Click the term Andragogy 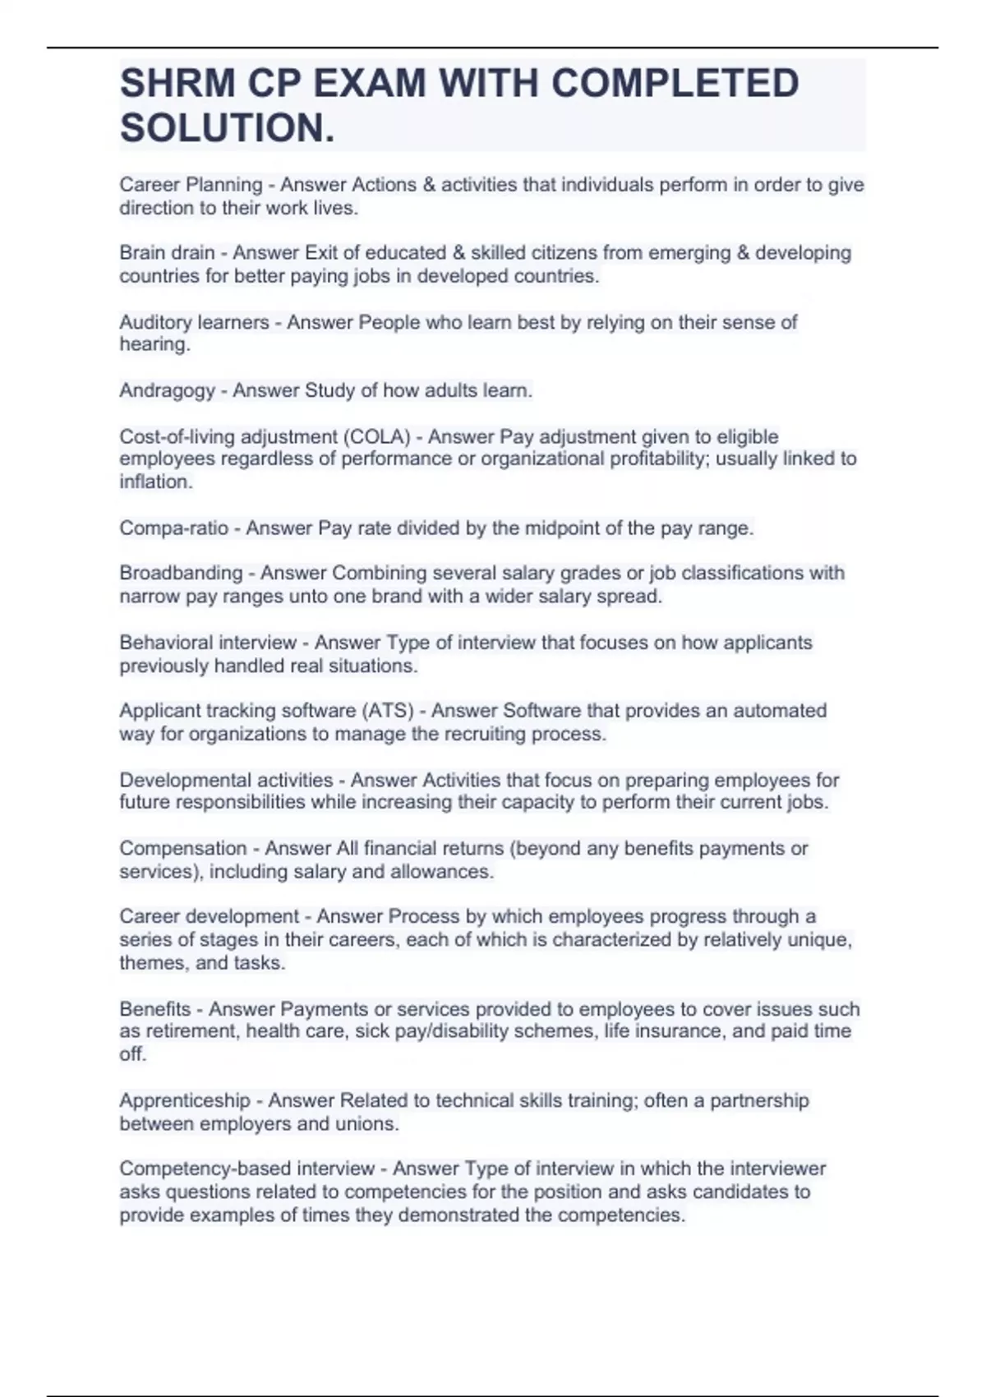(167, 390)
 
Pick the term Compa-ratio (173, 528)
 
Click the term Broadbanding (181, 573)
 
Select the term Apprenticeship (184, 1100)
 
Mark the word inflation (154, 482)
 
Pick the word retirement (186, 1031)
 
